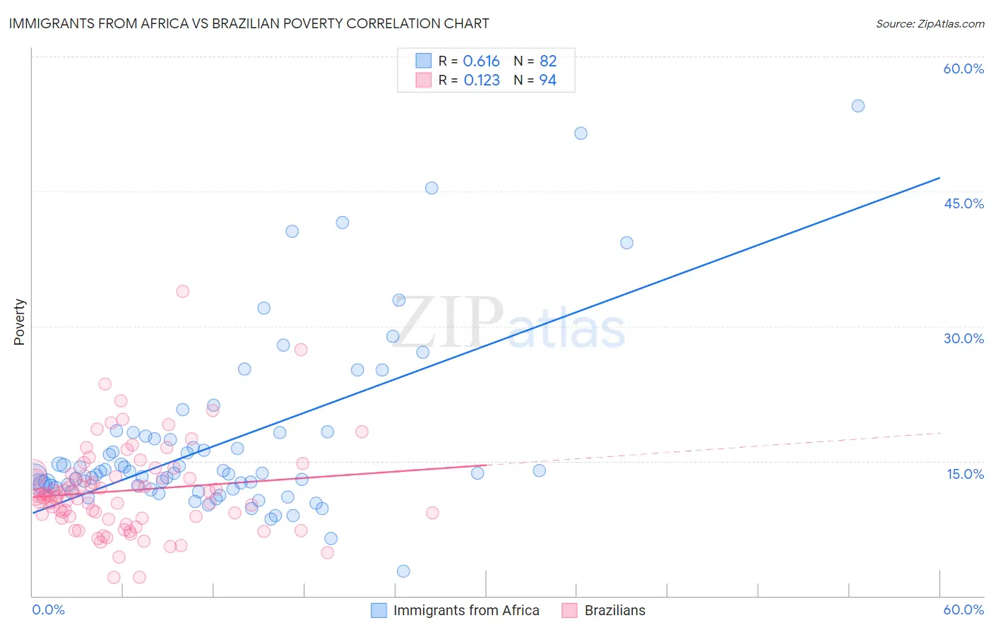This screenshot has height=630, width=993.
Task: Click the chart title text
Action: coord(249,23)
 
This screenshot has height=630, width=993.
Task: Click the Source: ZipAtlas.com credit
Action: coord(929,23)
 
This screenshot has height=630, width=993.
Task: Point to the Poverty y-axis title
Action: coord(19,322)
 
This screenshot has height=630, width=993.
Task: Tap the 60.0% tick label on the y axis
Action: coord(963,69)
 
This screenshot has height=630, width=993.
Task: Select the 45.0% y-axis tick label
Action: coord(963,203)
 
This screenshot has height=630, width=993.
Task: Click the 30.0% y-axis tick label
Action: coord(963,338)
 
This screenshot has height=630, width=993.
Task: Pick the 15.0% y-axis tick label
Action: coord(965,474)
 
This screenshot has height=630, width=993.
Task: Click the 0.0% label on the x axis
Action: coord(48,610)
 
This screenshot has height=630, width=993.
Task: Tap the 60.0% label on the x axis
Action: coord(963,610)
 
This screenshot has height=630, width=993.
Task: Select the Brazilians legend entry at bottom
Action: coord(614,610)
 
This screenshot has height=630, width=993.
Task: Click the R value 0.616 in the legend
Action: coord(481,61)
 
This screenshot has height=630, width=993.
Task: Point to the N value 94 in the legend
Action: coord(547,81)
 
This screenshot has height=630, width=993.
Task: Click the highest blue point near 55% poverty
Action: coord(857,106)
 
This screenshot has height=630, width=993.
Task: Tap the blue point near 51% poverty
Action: coord(581,133)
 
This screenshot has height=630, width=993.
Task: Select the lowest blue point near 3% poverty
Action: coord(403,571)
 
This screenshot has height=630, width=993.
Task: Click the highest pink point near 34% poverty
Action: coord(182,291)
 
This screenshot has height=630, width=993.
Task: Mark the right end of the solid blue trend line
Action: coord(939,178)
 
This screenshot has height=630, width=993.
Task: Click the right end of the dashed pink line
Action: coord(940,432)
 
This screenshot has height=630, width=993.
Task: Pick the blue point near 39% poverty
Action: coord(626,243)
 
